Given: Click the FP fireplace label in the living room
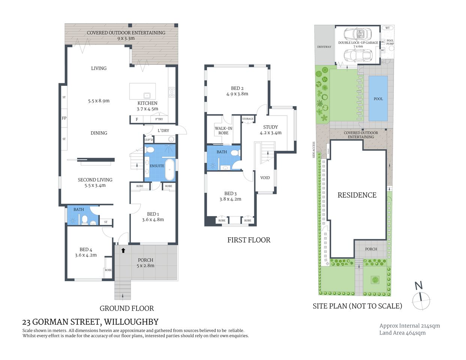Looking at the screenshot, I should tap(64, 118).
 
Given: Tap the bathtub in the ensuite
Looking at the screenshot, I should tap(170, 169).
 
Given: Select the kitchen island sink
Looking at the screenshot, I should tap(146, 95).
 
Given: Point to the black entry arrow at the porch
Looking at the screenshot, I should tap(123, 250).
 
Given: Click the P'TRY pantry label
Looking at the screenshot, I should tap(159, 119).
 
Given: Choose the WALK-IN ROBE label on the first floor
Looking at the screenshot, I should tap(223, 130).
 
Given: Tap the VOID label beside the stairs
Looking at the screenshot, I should tap(265, 178).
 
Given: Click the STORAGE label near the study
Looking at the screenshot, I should tap(248, 119).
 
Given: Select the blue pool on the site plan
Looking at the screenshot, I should tap(378, 99).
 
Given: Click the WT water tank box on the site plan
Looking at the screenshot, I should tap(387, 28).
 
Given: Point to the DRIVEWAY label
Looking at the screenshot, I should tap(324, 47).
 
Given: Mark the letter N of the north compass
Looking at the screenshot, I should tap(419, 286).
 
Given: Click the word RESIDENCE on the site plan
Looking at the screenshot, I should tap(357, 195).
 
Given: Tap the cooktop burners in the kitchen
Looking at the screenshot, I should tap(172, 92).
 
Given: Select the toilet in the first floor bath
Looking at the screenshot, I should tap(235, 153).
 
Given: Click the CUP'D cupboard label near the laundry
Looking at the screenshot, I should tap(149, 140).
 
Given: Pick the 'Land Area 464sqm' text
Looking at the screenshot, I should tap(402, 333).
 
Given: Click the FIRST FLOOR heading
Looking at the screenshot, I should tap(249, 240).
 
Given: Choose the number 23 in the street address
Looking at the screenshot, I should tap(26, 322).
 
